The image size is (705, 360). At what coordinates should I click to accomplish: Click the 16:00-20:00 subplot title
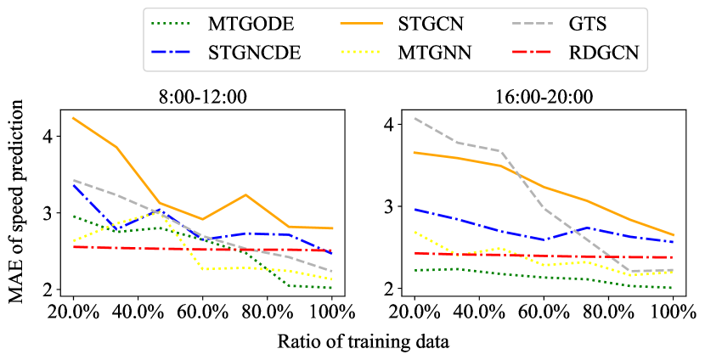click(544, 96)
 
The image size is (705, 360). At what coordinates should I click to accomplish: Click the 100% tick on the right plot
click(674, 311)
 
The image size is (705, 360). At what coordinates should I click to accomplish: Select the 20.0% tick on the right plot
click(415, 311)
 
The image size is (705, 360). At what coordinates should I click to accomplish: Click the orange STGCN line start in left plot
click(74, 118)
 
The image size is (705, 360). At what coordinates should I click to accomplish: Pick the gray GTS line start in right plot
click(415, 118)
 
